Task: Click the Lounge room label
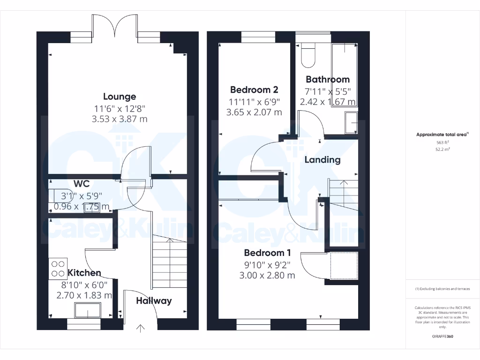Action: coord(120,97)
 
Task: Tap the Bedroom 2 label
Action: coord(251,90)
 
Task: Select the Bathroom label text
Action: coord(328,79)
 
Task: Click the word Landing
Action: coord(322,159)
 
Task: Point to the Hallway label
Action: coord(154,300)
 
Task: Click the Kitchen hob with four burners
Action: coord(58,268)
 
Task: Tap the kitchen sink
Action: coord(88,310)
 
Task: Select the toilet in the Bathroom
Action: coord(308,55)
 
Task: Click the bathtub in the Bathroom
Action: coord(345,75)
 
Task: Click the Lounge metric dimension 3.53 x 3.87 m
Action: coord(120,119)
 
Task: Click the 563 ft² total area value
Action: coord(442,142)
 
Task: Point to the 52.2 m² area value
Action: coord(442,150)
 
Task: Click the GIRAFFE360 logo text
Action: coord(442,337)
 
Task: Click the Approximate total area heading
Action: coord(442,135)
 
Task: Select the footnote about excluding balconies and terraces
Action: coord(442,289)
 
